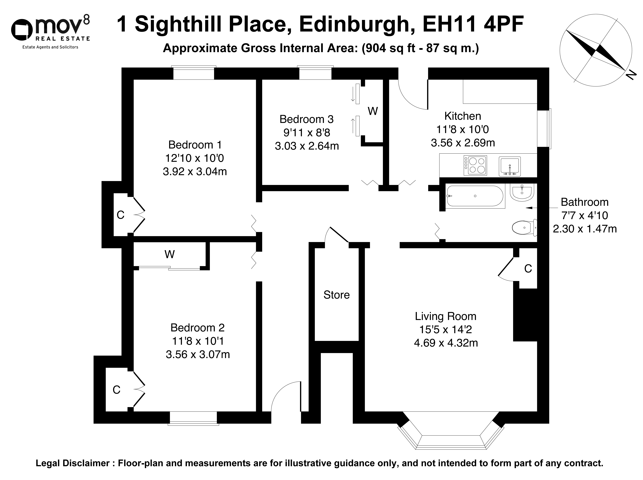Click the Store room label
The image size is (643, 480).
pyautogui.click(x=336, y=295)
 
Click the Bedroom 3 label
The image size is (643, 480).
pyautogui.click(x=307, y=119)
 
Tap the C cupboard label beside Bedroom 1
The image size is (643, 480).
pyautogui.click(x=121, y=215)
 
